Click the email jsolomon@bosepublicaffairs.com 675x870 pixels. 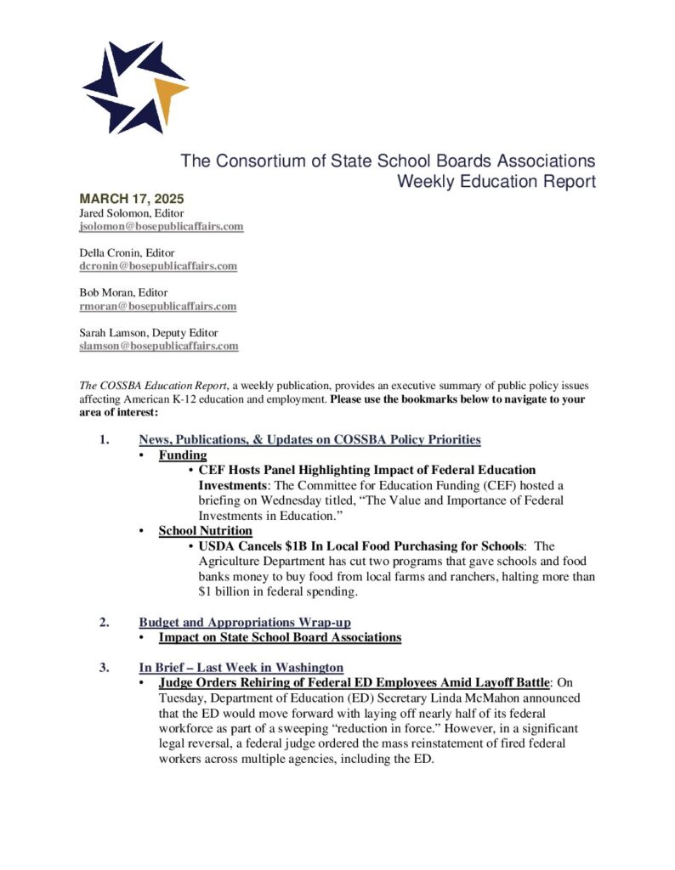click(162, 227)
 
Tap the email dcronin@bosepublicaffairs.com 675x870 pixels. click(158, 266)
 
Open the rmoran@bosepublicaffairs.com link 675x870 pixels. click(158, 306)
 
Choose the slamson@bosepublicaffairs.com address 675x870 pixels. click(159, 346)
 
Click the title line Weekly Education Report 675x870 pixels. click(496, 181)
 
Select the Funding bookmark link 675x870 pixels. click(183, 455)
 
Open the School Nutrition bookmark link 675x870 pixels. click(205, 531)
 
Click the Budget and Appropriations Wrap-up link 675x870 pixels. click(245, 622)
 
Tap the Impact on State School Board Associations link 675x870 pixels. click(280, 636)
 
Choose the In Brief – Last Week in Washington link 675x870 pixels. click(241, 667)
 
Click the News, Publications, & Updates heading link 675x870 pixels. click(309, 439)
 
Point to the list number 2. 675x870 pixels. click(104, 622)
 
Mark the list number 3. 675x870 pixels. click(104, 667)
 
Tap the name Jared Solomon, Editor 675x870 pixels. click(132, 213)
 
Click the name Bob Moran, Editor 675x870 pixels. click(124, 292)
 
